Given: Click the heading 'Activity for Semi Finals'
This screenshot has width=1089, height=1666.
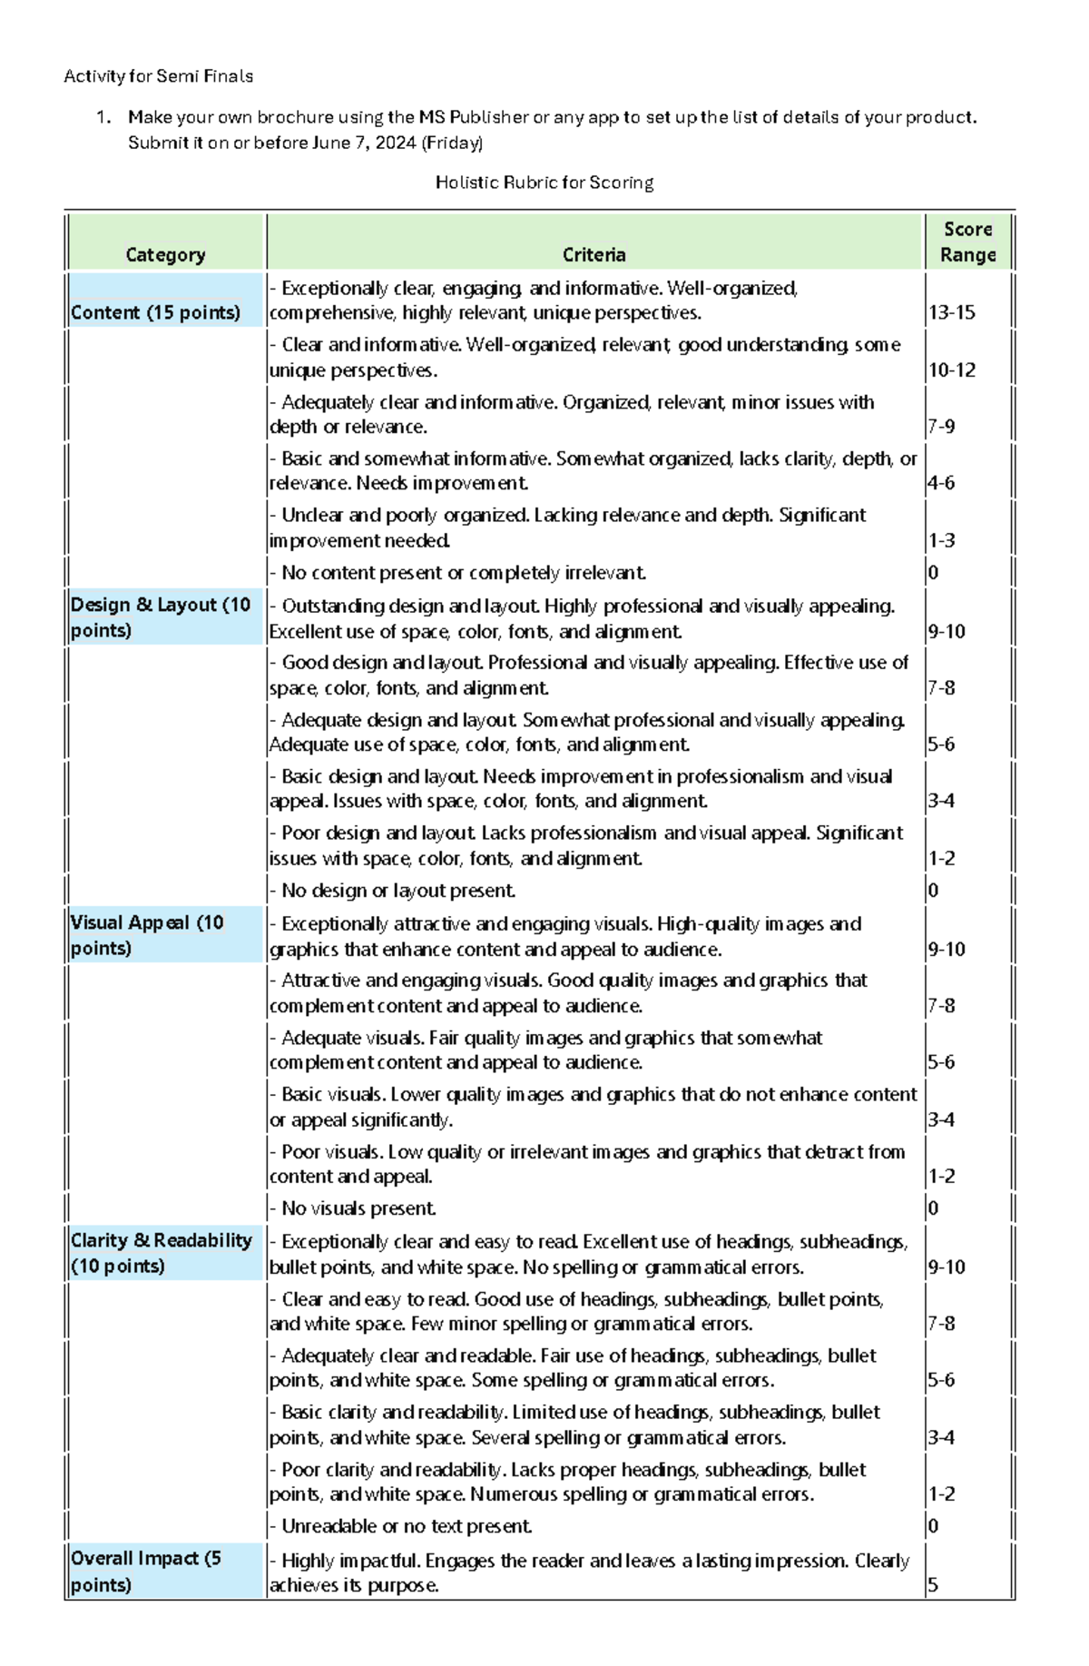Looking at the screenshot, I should click(158, 76).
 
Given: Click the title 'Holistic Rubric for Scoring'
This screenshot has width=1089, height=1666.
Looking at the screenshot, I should click(544, 182).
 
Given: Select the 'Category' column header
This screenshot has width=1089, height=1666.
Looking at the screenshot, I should click(165, 255).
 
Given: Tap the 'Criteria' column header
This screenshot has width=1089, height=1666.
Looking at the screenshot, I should click(594, 255).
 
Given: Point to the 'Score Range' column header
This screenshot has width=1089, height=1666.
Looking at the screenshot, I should click(967, 242).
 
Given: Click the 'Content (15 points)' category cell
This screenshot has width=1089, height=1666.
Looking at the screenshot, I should click(155, 313).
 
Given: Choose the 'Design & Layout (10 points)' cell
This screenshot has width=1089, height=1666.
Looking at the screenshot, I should click(161, 617).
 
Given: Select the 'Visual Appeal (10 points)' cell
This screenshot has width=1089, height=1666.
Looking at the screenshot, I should click(147, 935).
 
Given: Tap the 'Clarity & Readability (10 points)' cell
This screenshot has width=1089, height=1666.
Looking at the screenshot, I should click(162, 1253).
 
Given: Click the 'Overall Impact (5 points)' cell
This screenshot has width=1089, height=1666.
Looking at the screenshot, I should click(146, 1572).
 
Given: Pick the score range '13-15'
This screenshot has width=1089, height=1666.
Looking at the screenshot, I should click(951, 313).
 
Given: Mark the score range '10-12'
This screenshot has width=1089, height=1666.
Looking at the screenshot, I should click(951, 370).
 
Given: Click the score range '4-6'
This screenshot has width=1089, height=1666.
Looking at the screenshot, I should click(941, 483).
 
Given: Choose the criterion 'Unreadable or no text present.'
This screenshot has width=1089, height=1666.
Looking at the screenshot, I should click(407, 1526).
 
